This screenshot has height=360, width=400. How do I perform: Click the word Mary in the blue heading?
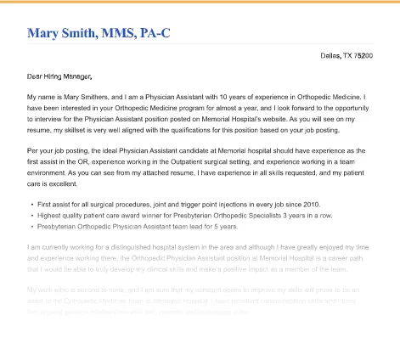point(42,33)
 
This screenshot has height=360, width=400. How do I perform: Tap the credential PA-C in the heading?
point(152,33)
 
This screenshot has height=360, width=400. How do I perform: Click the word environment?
point(51,172)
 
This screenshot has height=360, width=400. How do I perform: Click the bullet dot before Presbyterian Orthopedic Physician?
point(31,227)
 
